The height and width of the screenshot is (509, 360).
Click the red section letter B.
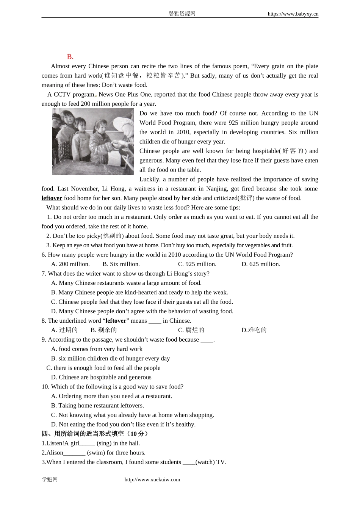point(70,57)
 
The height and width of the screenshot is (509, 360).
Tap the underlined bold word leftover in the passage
point(52,198)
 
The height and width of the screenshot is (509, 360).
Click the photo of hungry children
point(93,142)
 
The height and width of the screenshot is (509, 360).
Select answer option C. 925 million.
point(197,264)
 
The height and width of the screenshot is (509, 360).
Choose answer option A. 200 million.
point(70,264)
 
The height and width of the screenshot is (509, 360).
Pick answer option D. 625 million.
point(261,264)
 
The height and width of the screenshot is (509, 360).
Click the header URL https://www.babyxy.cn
point(293,14)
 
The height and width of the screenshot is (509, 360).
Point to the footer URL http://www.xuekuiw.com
point(152,479)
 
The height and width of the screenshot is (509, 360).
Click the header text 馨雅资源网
point(182,14)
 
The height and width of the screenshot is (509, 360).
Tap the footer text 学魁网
point(50,479)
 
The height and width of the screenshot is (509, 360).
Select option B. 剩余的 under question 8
point(104,330)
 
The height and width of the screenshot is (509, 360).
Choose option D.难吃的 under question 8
point(254,330)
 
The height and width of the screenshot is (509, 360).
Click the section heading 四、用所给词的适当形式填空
point(94,434)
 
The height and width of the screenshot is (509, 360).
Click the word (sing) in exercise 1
point(104,443)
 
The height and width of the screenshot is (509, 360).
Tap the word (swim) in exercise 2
point(96,453)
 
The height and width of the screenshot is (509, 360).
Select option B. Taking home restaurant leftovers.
point(97,405)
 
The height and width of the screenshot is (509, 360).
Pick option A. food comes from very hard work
point(97,349)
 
